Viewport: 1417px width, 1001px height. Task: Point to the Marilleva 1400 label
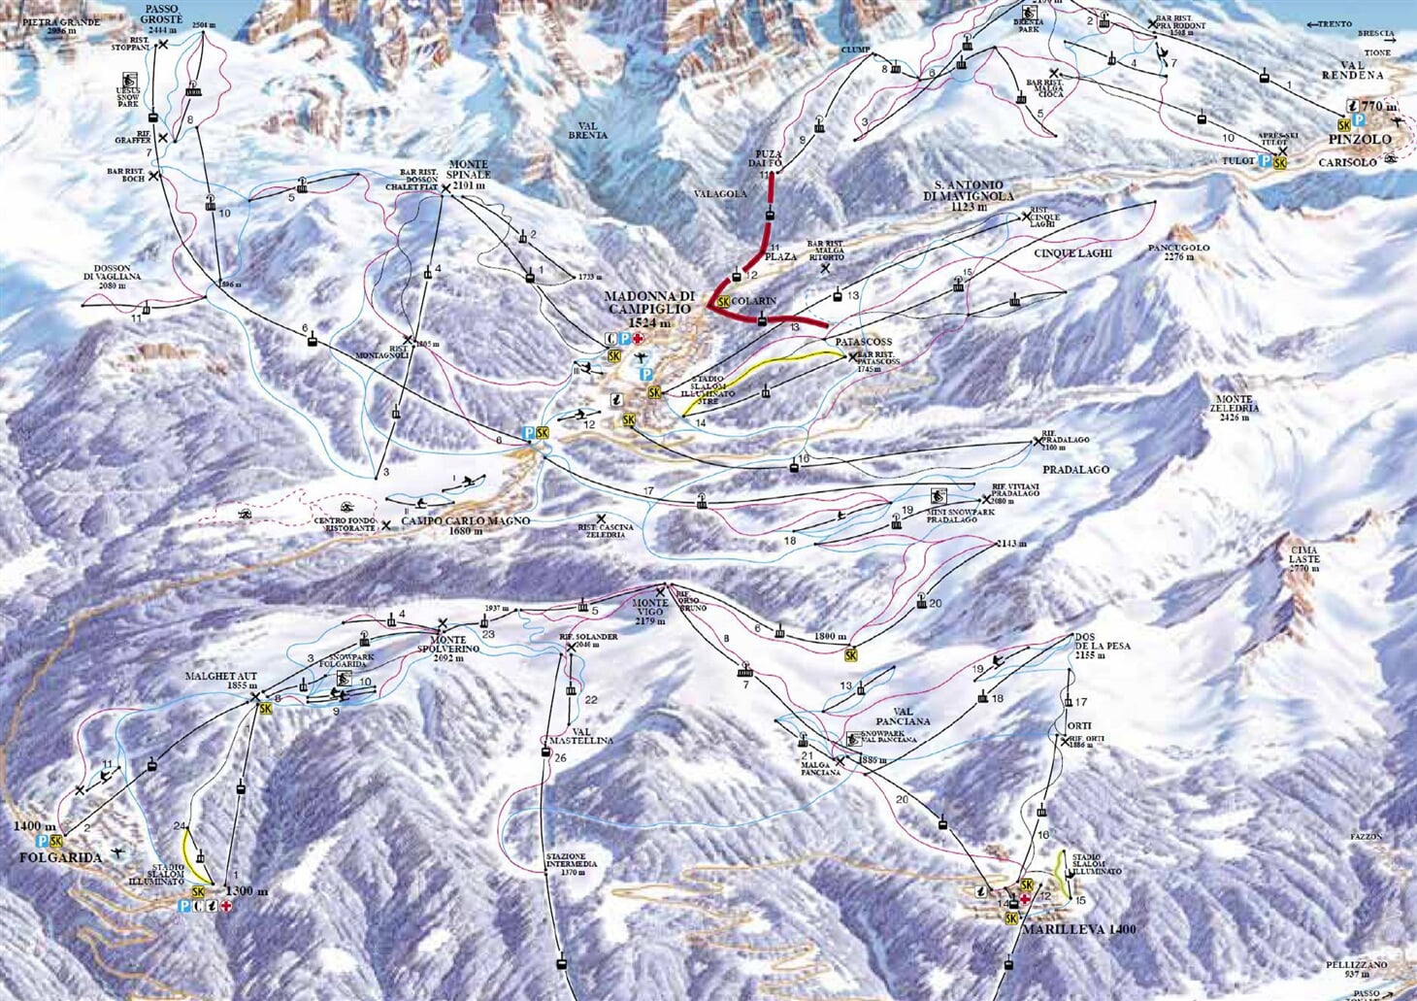(x=1077, y=929)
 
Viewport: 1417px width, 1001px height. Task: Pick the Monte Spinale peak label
(x=470, y=171)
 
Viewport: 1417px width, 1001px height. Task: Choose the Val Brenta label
(x=587, y=130)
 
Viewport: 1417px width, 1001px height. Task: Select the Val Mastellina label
(x=579, y=735)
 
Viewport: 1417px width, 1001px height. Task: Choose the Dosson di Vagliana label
(x=119, y=276)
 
